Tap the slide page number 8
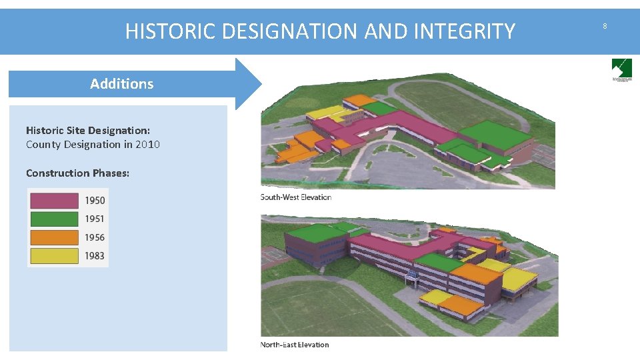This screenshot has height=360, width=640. [605, 26]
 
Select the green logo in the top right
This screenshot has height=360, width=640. [621, 69]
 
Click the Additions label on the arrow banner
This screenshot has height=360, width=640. [121, 84]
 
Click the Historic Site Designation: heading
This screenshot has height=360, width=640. [87, 130]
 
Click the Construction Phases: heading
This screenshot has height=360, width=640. [77, 173]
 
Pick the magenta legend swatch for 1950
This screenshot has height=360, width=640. [54, 201]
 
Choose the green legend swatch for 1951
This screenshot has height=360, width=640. [54, 219]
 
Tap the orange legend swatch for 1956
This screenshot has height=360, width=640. [54, 237]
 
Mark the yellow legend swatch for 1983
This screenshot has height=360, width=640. [54, 255]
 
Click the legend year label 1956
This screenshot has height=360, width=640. [95, 237]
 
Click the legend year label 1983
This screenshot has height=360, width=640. [95, 255]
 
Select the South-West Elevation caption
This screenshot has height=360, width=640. [295, 197]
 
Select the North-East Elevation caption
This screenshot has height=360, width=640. [294, 345]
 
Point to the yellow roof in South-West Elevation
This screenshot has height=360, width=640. [324, 111]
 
